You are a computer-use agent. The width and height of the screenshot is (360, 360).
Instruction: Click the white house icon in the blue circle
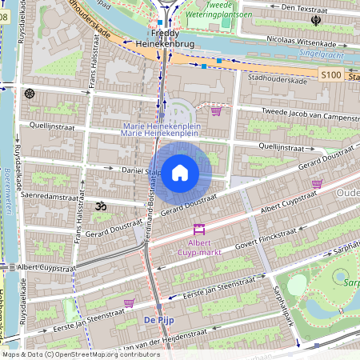[x=180, y=172]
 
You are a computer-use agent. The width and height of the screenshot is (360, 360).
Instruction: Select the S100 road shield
[x=331, y=74]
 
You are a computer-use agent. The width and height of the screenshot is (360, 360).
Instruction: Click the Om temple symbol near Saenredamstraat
[x=101, y=206]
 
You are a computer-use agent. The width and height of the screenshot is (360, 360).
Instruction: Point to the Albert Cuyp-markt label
[x=199, y=247]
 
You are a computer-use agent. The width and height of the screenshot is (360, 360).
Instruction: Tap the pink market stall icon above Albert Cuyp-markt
[x=199, y=230]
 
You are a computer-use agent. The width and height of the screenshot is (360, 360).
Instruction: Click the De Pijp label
[x=159, y=320]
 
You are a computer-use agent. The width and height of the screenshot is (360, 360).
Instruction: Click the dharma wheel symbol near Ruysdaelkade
[x=30, y=94]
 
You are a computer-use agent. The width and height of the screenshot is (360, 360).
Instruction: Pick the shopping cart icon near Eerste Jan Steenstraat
[x=129, y=303]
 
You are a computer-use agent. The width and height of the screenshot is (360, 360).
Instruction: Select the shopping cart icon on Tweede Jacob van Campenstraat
[x=216, y=111]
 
